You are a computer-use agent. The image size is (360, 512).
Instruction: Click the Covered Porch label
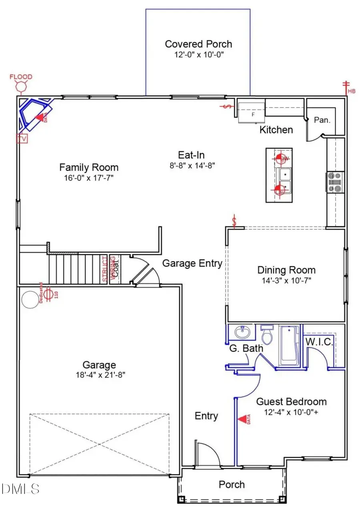[198, 44]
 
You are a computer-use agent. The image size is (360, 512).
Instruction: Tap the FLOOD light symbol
[21, 85]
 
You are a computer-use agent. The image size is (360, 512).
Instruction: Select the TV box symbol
[21, 138]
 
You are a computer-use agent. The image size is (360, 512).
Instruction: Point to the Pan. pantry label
[322, 120]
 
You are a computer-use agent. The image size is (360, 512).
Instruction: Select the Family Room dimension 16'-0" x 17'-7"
[88, 177]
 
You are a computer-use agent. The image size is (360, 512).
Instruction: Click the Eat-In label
[192, 155]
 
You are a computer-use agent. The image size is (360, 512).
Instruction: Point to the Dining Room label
[286, 270]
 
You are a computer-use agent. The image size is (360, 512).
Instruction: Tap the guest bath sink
[242, 332]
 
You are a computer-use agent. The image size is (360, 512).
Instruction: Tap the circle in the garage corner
[29, 299]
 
